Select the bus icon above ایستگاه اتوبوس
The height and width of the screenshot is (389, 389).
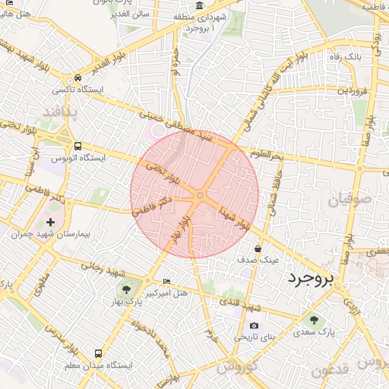[77, 147]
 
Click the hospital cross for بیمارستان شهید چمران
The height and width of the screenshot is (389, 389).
[51, 223]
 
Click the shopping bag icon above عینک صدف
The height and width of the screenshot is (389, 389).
[258, 248]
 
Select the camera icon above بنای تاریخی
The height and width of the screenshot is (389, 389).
[254, 326]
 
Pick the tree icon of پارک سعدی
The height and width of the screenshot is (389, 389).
[315, 319]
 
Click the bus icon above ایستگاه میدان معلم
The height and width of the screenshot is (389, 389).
[98, 353]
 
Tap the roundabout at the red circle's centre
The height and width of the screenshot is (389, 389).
[200, 196]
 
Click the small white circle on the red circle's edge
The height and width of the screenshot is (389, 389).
[159, 131]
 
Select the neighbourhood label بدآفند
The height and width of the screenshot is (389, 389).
[61, 112]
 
